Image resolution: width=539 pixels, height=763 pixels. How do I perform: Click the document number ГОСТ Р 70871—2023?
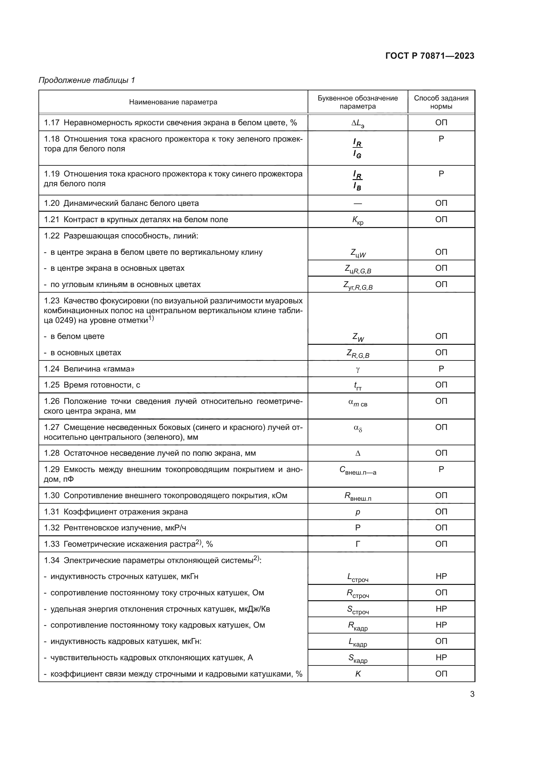(x=430, y=56)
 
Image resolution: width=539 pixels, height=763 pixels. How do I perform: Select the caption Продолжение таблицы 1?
(x=87, y=80)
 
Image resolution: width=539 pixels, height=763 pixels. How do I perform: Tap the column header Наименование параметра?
(x=173, y=102)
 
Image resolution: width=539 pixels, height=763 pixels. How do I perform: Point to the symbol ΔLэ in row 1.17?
(x=357, y=123)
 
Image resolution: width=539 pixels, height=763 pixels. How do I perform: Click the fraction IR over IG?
(x=357, y=148)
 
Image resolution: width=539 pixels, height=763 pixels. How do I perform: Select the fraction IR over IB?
(x=357, y=180)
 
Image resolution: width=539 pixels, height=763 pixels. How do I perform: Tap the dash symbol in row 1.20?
(x=357, y=203)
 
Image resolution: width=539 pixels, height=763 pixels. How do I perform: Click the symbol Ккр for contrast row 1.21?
(x=357, y=220)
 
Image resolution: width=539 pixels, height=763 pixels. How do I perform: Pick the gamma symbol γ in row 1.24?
(x=357, y=369)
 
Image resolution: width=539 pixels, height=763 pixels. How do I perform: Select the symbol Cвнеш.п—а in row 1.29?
(x=357, y=470)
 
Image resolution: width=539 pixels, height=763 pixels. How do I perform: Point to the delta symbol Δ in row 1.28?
(x=357, y=453)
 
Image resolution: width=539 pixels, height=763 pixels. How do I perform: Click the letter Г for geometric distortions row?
(x=357, y=544)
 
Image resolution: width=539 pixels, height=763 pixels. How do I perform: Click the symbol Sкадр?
(x=357, y=658)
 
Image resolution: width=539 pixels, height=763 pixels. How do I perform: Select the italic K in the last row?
(x=357, y=674)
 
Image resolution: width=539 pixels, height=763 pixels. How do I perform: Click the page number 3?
(x=472, y=694)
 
